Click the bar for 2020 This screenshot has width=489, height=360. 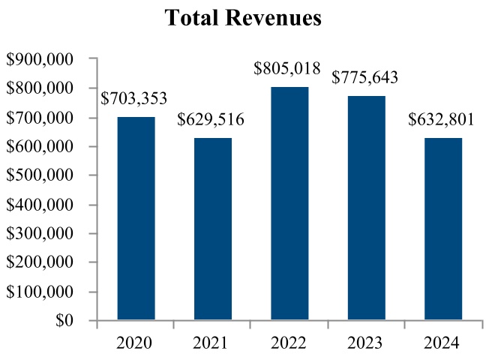136,219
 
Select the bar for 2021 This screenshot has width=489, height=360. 212,229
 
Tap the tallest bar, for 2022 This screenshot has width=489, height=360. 289,204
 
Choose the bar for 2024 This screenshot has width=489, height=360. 442,229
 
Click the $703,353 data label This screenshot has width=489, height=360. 135,99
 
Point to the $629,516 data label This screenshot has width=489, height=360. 212,120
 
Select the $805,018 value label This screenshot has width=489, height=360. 289,70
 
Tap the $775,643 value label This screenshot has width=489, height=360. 366,78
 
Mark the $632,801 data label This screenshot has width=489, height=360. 442,120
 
